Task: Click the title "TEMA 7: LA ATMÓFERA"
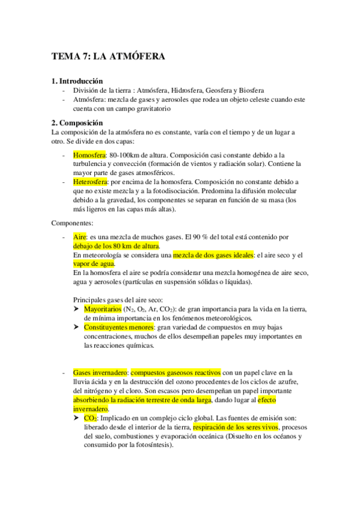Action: pyautogui.click(x=108, y=57)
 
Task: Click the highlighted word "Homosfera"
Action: pyautogui.click(x=89, y=155)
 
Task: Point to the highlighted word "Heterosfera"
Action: pyautogui.click(x=91, y=181)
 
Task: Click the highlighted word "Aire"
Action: pyautogui.click(x=79, y=238)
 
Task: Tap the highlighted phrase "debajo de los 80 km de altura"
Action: pyautogui.click(x=116, y=246)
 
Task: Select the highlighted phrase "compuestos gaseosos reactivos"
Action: pyautogui.click(x=176, y=373)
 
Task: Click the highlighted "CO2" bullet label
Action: pyautogui.click(x=91, y=418)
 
